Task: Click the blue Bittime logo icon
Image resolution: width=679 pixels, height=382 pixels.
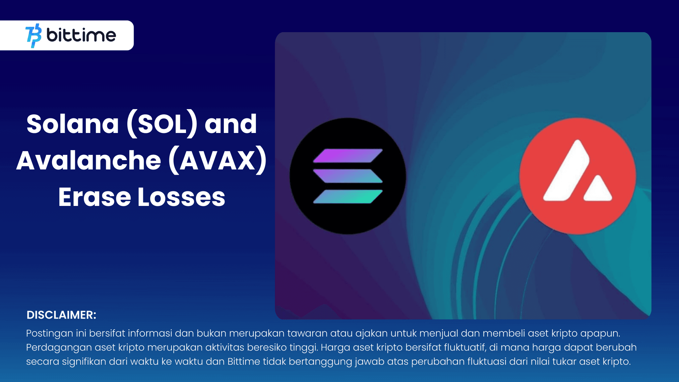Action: point(33,35)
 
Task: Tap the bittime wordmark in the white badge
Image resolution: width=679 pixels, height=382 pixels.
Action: point(81,35)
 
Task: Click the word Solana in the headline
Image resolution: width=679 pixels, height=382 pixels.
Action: point(73,124)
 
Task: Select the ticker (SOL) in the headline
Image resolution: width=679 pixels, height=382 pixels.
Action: point(162,124)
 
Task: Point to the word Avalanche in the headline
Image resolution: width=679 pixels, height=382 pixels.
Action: point(89,161)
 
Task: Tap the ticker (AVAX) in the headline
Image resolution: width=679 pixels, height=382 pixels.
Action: point(217,161)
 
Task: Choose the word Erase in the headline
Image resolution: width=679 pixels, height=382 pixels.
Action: point(94,197)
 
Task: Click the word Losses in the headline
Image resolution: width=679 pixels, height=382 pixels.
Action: point(181,197)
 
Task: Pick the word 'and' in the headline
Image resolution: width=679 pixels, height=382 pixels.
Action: point(231,124)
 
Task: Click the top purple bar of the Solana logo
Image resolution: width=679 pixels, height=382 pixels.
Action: point(347,156)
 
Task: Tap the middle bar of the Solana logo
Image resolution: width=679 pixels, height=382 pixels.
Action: point(347,176)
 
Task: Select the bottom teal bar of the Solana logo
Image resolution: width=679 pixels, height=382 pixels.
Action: point(347,196)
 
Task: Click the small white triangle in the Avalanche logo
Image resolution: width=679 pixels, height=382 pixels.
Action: point(598,189)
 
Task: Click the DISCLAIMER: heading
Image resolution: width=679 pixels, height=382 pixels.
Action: point(61,315)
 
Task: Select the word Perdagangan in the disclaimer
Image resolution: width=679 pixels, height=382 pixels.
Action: point(59,348)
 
